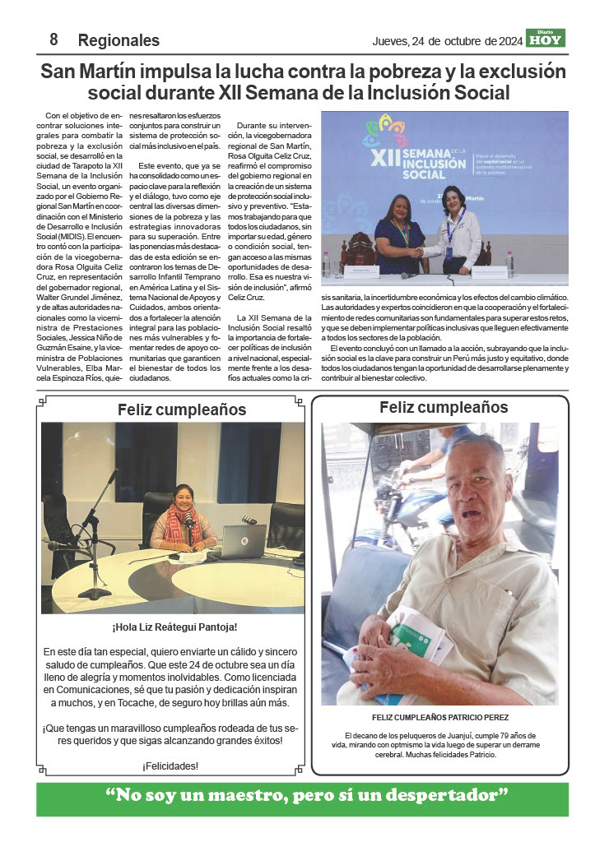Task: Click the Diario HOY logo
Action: coord(546,38)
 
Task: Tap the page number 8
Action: coord(53,39)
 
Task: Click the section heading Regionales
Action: coord(119,40)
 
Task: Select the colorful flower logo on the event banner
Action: coord(386,131)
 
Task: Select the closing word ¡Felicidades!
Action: coord(170,766)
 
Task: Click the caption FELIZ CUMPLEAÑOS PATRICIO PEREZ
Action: coord(439,717)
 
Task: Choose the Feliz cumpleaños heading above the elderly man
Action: coord(444,407)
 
